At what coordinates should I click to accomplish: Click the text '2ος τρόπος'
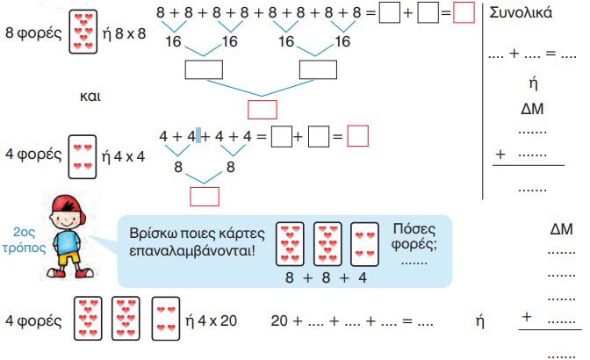point(24,241)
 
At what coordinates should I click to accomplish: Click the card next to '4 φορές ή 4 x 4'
point(82,157)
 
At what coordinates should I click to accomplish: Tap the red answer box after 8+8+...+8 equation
point(464,14)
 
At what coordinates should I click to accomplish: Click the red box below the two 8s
point(204,195)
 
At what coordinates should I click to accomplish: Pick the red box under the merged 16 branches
point(263,109)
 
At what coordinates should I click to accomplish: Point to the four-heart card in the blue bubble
point(364,245)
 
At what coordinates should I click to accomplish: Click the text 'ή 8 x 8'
point(128,38)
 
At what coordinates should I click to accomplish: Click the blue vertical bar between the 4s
point(198,136)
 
